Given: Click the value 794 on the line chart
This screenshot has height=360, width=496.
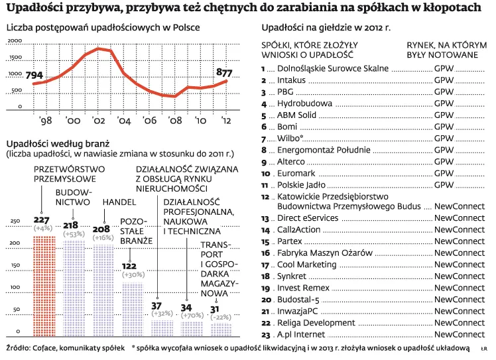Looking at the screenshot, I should [34, 75].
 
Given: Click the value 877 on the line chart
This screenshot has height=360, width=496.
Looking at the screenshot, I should [224, 72].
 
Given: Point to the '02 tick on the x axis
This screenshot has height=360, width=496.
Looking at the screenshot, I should [98, 121].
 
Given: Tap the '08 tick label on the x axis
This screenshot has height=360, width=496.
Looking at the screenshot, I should [175, 121].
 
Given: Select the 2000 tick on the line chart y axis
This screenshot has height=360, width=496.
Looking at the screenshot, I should [15, 42].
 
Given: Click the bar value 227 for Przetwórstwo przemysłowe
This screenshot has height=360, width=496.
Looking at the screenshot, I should [42, 220].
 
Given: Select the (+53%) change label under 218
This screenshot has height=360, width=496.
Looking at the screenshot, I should [73, 234].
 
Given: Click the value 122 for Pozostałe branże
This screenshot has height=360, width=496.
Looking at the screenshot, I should [129, 266].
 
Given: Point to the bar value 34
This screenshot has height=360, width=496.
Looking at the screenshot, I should [186, 308].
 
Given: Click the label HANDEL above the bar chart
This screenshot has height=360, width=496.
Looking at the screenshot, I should [119, 202].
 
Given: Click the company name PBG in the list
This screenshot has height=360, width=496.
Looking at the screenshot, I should [286, 92].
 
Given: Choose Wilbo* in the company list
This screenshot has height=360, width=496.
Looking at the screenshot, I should [290, 139].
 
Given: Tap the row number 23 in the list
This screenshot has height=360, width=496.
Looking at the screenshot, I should [267, 334].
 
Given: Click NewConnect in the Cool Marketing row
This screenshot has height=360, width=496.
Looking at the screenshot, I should [459, 265].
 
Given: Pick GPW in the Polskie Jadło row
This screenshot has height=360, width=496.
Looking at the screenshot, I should [444, 185].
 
